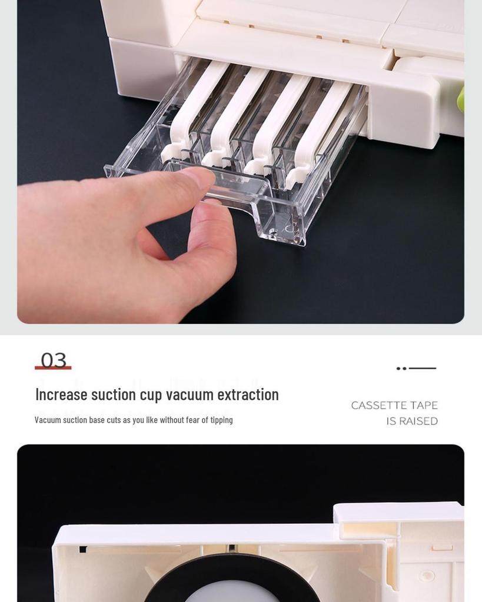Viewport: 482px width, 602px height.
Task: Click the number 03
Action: tap(54, 360)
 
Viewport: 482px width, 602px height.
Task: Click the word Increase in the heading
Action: tap(61, 394)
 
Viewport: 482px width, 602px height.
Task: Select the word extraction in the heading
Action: tap(248, 394)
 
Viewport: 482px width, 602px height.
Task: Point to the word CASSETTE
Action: tap(373, 406)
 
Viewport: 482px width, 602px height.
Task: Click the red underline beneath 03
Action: tap(53, 368)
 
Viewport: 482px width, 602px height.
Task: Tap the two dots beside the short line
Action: tap(401, 369)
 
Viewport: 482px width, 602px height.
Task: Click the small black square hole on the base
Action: tap(83, 550)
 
